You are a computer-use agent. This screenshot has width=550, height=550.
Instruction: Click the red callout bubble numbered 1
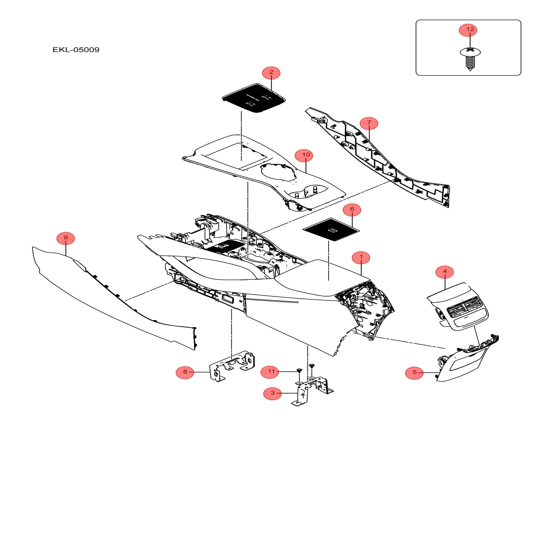click(361, 257)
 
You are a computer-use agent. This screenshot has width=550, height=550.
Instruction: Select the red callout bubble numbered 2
click(271, 73)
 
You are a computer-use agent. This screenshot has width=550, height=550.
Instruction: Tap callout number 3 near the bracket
click(272, 393)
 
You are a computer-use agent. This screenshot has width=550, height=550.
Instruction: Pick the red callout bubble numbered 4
click(444, 272)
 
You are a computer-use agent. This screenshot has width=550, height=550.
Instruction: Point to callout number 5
click(414, 372)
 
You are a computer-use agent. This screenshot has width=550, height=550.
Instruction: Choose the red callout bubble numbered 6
click(352, 209)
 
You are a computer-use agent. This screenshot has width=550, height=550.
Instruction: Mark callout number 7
click(369, 123)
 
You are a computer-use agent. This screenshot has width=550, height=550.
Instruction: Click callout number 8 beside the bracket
click(185, 372)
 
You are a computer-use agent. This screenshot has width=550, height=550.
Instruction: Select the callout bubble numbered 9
click(66, 238)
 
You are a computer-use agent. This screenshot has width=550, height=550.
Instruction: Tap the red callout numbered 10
click(306, 155)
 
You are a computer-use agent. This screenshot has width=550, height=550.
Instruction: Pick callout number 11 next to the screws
click(270, 372)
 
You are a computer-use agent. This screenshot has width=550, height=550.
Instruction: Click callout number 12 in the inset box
click(468, 30)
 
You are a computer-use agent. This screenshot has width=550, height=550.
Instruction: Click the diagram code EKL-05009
click(76, 50)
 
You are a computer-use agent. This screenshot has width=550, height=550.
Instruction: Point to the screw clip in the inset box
click(470, 58)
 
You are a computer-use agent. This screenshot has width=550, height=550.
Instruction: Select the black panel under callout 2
click(254, 98)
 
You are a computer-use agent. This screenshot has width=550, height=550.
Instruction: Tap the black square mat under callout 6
click(331, 230)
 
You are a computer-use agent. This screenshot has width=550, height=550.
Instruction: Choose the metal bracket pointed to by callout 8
click(232, 365)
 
